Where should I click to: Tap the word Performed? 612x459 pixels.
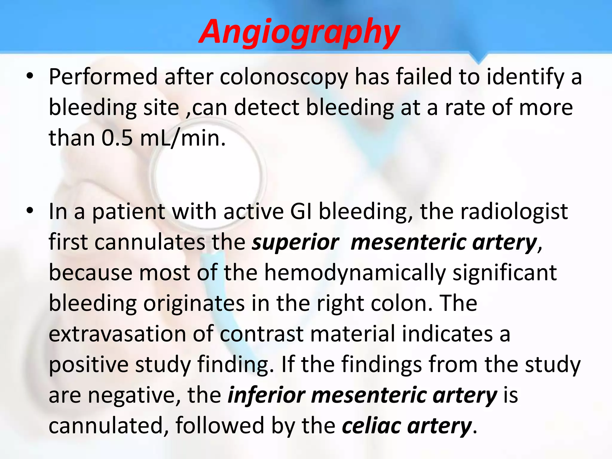[103, 77]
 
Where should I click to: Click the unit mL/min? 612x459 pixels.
[183, 139]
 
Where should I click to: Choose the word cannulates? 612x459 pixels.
[150, 242]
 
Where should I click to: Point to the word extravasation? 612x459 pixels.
[117, 334]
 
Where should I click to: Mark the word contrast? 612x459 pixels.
[262, 334]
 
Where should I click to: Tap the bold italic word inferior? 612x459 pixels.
[266, 395]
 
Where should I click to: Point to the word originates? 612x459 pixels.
[194, 303]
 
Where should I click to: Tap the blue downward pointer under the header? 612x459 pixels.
[478, 59]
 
